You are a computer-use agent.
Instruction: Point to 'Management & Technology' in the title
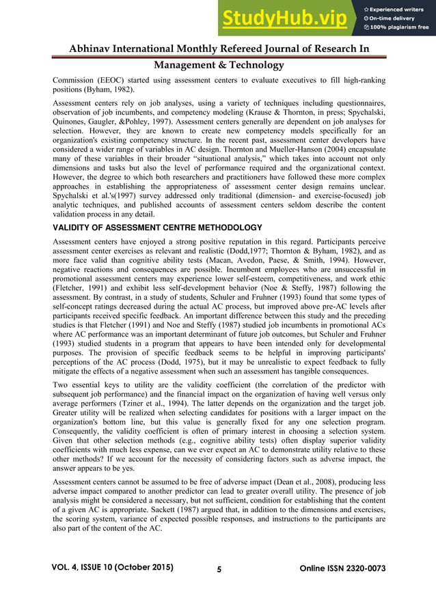[x=219, y=65]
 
